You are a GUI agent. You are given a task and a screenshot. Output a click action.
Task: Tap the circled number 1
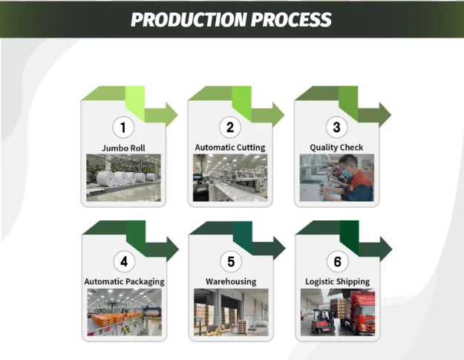pyautogui.click(x=123, y=127)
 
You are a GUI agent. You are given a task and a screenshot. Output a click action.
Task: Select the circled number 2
pyautogui.click(x=230, y=127)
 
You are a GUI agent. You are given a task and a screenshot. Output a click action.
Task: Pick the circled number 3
pyautogui.click(x=336, y=127)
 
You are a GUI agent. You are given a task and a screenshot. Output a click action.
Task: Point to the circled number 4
pyautogui.click(x=124, y=261)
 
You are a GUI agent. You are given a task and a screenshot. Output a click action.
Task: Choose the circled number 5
pyautogui.click(x=231, y=261)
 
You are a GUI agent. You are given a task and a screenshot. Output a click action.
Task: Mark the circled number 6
pyautogui.click(x=337, y=261)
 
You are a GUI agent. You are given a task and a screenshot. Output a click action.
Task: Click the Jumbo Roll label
pyautogui.click(x=123, y=148)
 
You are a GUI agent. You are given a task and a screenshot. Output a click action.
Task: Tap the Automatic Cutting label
pyautogui.click(x=230, y=148)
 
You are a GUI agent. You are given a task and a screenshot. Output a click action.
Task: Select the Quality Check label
pyautogui.click(x=336, y=148)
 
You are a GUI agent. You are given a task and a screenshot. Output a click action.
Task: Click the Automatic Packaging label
pyautogui.click(x=124, y=281)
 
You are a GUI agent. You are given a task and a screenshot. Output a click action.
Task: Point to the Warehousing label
pyautogui.click(x=231, y=281)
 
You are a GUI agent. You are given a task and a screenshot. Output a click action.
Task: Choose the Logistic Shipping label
pyautogui.click(x=337, y=281)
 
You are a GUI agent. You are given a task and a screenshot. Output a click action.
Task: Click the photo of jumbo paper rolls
pyautogui.click(x=123, y=178)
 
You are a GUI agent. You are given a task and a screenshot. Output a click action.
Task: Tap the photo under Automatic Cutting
pyautogui.click(x=230, y=178)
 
